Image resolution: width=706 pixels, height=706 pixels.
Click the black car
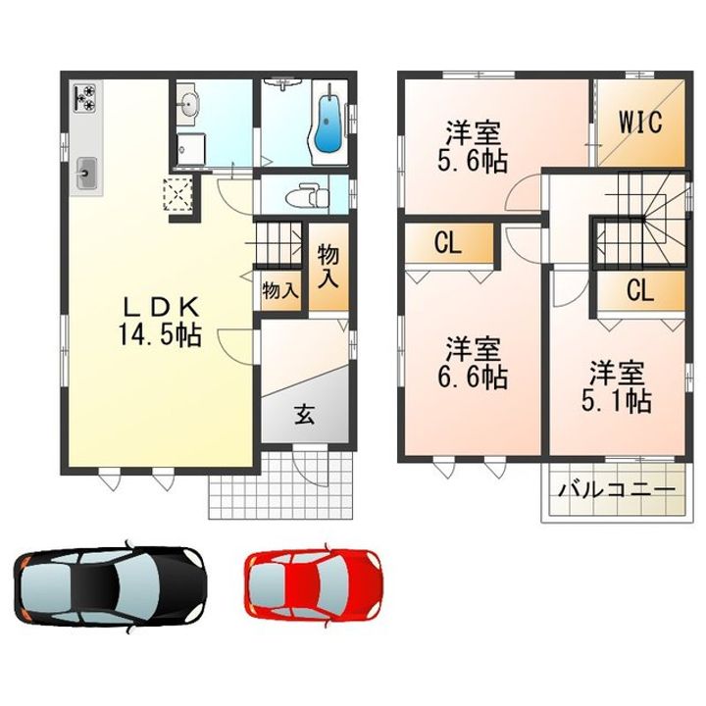point(110,586)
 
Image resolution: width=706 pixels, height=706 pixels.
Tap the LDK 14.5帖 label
point(160,322)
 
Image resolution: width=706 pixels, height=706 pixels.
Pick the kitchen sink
point(86,173)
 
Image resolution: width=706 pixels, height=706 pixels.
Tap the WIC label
point(640,122)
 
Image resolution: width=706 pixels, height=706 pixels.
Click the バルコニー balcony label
point(617,490)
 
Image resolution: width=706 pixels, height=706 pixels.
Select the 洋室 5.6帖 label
point(473,147)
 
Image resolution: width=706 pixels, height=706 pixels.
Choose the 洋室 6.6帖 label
point(473,364)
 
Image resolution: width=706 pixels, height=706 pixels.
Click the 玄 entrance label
point(305,415)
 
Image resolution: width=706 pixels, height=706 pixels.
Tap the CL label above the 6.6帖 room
point(448,243)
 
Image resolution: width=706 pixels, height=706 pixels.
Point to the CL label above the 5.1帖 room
point(639,291)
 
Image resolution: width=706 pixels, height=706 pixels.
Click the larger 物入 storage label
point(328,267)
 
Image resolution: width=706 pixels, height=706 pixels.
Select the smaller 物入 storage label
point(280,291)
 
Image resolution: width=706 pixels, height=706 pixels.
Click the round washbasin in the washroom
point(190,106)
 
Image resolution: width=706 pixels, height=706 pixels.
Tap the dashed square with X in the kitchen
point(177,194)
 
